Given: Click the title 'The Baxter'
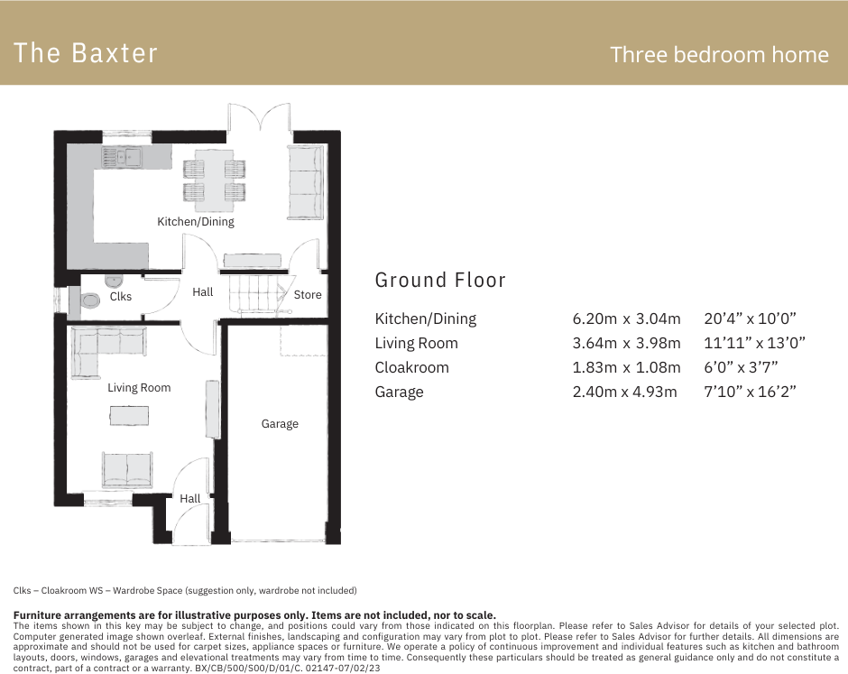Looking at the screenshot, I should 86,53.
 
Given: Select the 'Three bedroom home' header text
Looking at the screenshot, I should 719,54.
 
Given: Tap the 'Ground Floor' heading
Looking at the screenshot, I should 440,280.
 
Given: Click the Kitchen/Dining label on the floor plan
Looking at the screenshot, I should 196,221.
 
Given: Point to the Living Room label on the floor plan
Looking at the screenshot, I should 139,388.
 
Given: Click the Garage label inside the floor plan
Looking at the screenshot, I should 280,423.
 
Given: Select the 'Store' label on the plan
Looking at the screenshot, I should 308,294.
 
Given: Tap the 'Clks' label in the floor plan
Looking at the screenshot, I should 121,296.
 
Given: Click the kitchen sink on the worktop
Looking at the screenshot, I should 121,159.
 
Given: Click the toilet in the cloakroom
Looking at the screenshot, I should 90,300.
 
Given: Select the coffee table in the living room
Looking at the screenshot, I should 130,415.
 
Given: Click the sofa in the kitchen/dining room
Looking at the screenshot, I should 305,181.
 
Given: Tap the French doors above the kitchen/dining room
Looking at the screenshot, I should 259,117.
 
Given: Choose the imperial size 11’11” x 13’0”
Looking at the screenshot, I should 754,343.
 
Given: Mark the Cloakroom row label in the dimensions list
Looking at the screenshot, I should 411,367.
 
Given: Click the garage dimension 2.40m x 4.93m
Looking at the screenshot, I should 624,392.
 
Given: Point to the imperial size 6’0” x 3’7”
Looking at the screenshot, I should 741,367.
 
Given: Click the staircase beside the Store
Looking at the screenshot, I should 257,294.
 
